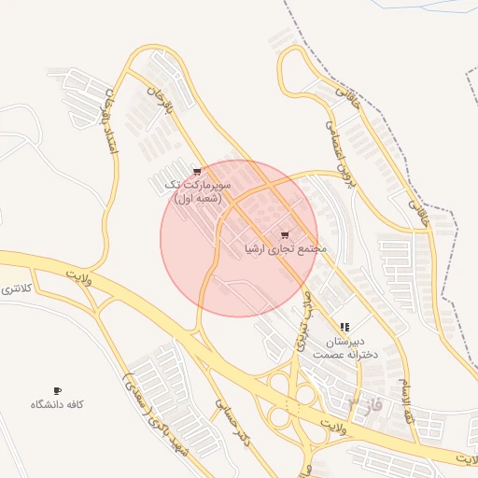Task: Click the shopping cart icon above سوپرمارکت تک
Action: (x=197, y=172)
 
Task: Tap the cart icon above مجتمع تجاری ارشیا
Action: (x=285, y=235)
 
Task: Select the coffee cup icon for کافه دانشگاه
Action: (x=58, y=390)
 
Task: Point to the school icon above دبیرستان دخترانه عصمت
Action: (x=344, y=328)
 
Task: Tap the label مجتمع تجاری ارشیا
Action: (x=285, y=249)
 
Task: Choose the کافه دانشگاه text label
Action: (x=58, y=404)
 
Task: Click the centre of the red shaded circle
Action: (x=239, y=238)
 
